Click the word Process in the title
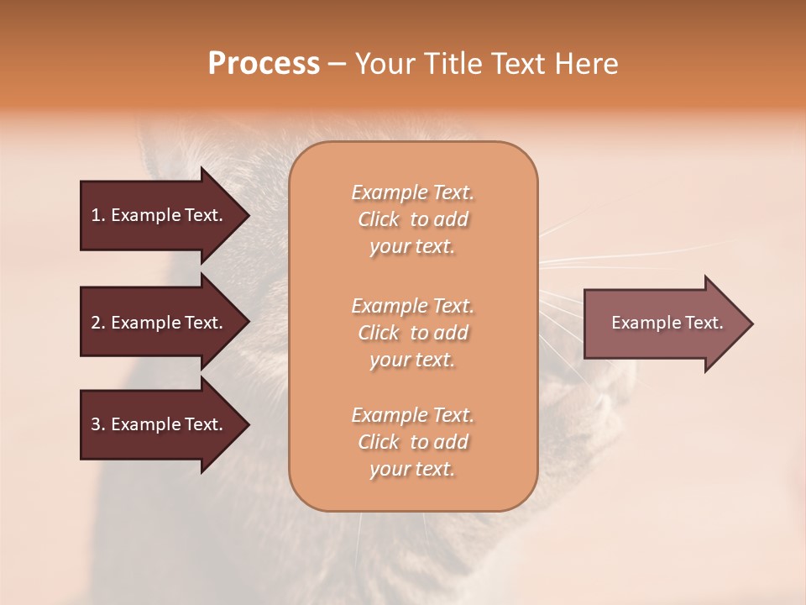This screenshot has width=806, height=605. (264, 64)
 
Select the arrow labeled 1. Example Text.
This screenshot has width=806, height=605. (160, 215)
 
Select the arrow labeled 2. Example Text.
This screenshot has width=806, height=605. (160, 323)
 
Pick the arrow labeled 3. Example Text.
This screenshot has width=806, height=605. (160, 424)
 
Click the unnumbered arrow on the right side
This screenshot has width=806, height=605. (663, 323)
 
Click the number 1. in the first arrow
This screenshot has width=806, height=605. (98, 215)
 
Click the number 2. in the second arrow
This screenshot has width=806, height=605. (98, 323)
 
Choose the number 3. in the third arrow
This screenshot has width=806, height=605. (98, 424)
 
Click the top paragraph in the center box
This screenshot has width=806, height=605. (412, 219)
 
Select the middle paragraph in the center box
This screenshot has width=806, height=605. (412, 333)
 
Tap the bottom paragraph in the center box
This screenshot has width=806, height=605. (412, 442)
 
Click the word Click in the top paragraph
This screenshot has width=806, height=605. (379, 219)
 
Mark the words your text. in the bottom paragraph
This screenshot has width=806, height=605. (412, 470)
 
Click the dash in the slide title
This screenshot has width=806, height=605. (337, 64)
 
